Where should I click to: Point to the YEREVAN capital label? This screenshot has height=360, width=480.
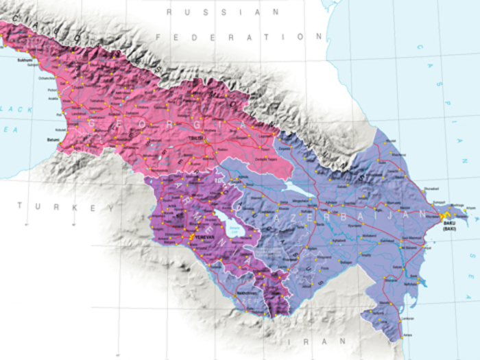[x=206, y=237]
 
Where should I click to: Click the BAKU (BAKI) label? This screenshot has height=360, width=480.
[x=448, y=225]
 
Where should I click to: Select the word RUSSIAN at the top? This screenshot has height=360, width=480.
[x=224, y=12]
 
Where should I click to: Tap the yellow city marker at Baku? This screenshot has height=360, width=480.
[x=444, y=216]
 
